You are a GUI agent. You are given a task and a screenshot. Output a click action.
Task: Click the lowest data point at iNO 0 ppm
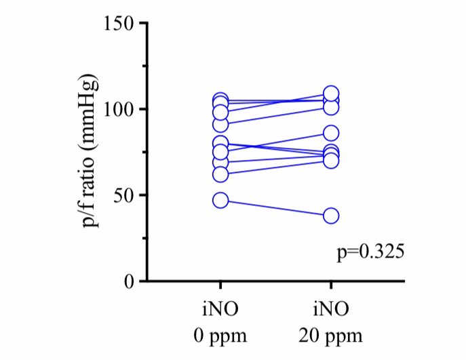[220, 200]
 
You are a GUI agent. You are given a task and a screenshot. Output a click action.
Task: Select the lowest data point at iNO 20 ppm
[331, 216]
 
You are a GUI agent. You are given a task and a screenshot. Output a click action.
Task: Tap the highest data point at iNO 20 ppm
[331, 94]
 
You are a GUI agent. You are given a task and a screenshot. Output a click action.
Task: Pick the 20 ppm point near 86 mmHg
[331, 133]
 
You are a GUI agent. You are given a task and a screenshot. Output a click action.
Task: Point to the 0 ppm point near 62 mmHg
[220, 174]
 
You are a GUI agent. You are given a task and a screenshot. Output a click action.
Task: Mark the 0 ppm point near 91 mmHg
[220, 124]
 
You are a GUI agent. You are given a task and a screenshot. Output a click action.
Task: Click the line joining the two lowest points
[275, 208]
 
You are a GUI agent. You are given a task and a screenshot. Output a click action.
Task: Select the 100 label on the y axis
[119, 109]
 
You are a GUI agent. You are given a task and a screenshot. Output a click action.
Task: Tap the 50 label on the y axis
[124, 195]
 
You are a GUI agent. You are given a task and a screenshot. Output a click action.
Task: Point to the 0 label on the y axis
[129, 281]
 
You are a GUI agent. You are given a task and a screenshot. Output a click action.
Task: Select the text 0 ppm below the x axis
[220, 336]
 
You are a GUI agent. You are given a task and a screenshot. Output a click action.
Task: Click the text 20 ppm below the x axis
[331, 336]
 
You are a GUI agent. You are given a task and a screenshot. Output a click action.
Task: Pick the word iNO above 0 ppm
[220, 311]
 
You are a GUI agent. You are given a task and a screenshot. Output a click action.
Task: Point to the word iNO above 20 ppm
[331, 311]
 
